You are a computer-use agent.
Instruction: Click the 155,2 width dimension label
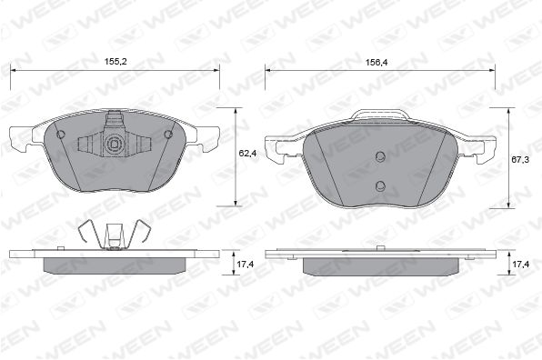[x=115, y=62]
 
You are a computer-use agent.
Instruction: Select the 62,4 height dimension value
[x=247, y=153]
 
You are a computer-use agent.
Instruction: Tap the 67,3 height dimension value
[x=520, y=160]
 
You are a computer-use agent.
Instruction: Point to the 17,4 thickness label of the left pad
[x=246, y=264]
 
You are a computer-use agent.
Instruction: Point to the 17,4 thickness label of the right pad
[x=520, y=264]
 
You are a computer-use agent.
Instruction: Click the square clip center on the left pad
[x=114, y=144]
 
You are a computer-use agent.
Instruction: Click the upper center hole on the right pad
[x=380, y=157]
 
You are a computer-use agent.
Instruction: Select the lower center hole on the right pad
[x=380, y=186]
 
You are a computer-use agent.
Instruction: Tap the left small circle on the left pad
[x=61, y=135]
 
